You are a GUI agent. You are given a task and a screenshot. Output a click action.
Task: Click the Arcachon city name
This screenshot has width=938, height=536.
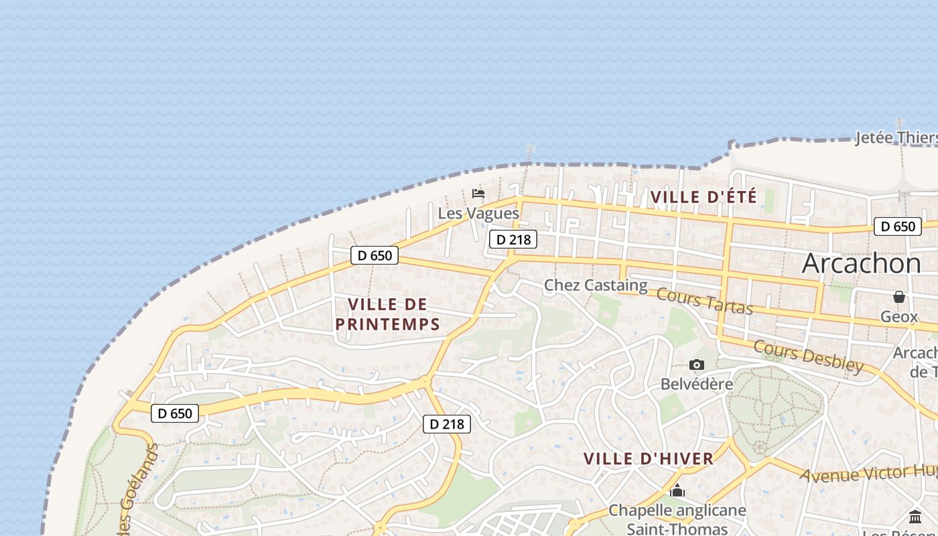(861, 263)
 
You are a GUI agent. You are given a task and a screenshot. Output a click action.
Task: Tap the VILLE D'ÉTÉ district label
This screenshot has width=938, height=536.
(703, 197)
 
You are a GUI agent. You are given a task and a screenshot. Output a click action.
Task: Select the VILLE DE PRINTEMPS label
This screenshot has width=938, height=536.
(387, 314)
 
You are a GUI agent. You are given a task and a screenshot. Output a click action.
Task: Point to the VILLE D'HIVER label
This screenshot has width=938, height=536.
(648, 459)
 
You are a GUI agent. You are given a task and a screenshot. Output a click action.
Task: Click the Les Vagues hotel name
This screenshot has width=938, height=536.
(478, 213)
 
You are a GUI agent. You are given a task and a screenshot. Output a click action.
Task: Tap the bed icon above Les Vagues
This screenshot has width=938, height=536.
(478, 194)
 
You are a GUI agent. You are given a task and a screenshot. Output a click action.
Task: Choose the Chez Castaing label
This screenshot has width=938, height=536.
(596, 285)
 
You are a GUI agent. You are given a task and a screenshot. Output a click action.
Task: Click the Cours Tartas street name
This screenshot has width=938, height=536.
(704, 301)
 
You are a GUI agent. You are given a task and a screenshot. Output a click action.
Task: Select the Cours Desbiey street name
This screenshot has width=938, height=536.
(808, 356)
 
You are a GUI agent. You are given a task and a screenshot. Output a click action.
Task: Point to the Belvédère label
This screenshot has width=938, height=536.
(697, 384)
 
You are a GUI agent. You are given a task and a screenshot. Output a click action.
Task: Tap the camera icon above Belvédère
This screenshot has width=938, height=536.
(697, 365)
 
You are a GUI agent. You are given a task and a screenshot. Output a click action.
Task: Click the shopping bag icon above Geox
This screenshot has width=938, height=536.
(898, 297)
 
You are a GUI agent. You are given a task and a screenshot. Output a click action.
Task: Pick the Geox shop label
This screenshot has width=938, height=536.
(898, 316)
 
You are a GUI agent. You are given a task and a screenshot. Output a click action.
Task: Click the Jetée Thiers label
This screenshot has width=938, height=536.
(896, 138)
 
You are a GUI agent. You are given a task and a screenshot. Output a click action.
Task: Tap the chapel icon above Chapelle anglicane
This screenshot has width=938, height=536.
(677, 491)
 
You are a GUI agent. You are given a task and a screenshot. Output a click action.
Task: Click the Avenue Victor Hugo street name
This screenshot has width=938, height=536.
(868, 473)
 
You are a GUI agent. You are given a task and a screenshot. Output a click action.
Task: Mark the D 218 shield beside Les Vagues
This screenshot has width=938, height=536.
(513, 239)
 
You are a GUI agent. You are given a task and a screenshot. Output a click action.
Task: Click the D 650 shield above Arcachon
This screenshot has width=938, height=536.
(897, 226)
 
